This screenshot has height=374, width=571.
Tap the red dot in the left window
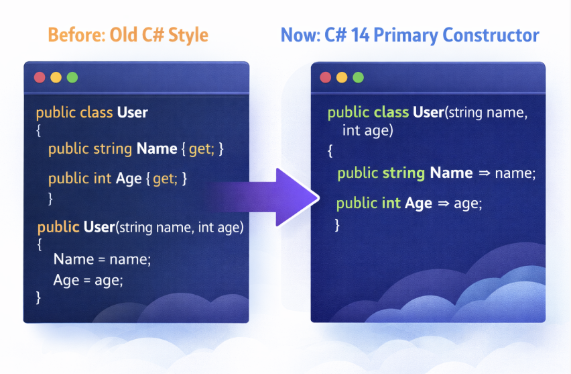tap(40, 77)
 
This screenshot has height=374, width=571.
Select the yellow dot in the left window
tap(56, 77)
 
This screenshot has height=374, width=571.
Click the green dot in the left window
tap(72, 77)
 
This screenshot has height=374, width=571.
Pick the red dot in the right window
tap(326, 77)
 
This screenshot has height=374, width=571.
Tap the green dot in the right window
tap(359, 77)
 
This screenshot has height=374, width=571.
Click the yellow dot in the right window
tap(342, 77)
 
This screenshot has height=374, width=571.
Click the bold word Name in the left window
tap(155, 149)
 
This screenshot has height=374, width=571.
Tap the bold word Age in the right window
tap(418, 203)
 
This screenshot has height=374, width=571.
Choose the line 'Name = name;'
tap(102, 259)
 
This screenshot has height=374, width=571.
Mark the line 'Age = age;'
tap(88, 280)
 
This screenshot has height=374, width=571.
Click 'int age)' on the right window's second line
tap(367, 130)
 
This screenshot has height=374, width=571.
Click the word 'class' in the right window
tap(391, 112)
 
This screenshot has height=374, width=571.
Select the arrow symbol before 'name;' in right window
tap(485, 173)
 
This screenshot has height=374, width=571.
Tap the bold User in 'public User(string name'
tap(99, 228)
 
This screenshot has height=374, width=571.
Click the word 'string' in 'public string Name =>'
tap(403, 173)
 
